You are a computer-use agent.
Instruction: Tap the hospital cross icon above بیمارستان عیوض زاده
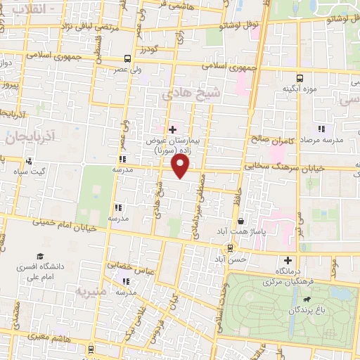pyautogui.click(x=172, y=129)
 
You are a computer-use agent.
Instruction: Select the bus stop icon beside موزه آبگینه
pyautogui.click(x=300, y=78)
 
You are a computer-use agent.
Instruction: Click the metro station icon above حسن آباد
pyautogui.click(x=230, y=247)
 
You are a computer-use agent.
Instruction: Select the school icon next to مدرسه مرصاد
pyautogui.click(x=322, y=129)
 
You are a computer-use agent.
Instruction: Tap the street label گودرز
pyautogui.click(x=148, y=49)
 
